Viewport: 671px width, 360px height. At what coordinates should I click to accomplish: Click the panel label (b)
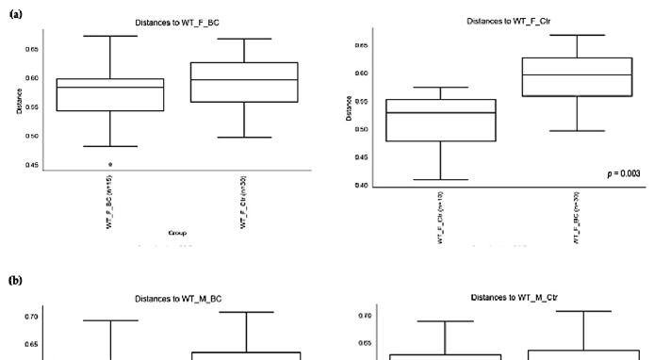pos(16,281)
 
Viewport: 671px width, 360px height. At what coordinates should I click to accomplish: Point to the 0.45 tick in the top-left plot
pos(32,165)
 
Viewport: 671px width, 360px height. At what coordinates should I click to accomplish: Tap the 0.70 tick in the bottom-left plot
pos(32,317)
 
